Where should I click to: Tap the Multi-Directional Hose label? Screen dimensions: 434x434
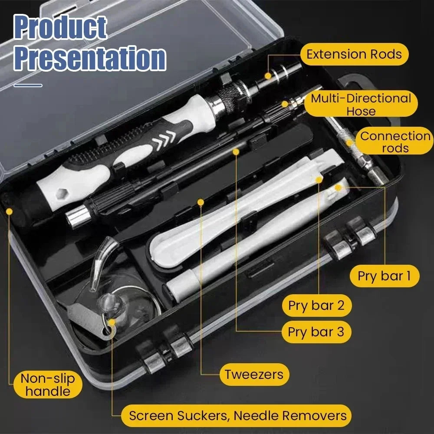(360, 104)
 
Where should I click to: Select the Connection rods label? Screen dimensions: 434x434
(395, 142)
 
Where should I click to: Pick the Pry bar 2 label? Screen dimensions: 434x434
(316, 306)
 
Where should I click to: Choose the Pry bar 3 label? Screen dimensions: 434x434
(316, 332)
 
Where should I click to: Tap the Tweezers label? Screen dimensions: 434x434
(254, 374)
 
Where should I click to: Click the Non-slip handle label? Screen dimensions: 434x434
(47, 385)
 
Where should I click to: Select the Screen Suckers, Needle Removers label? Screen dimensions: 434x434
(238, 415)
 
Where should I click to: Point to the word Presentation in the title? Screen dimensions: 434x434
(89, 58)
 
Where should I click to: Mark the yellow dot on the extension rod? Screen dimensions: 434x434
(268, 76)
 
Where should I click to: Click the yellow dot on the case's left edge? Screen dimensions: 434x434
(10, 211)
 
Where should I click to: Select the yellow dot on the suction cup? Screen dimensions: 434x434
(112, 322)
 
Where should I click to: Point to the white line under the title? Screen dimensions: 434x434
(28, 85)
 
